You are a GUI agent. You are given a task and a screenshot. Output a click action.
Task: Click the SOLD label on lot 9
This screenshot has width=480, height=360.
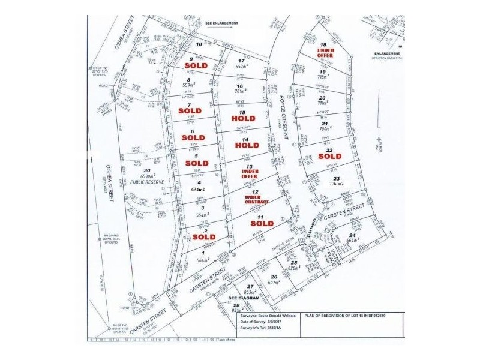point(196,65)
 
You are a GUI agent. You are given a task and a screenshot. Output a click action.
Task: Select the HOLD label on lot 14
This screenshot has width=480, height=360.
point(247,145)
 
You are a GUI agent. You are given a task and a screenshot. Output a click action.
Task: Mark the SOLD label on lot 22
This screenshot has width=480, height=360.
point(330,156)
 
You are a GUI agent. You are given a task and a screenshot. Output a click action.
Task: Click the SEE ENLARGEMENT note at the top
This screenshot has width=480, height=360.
point(222,23)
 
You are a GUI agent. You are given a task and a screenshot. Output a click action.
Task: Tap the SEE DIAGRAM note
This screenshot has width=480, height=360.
point(242,298)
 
